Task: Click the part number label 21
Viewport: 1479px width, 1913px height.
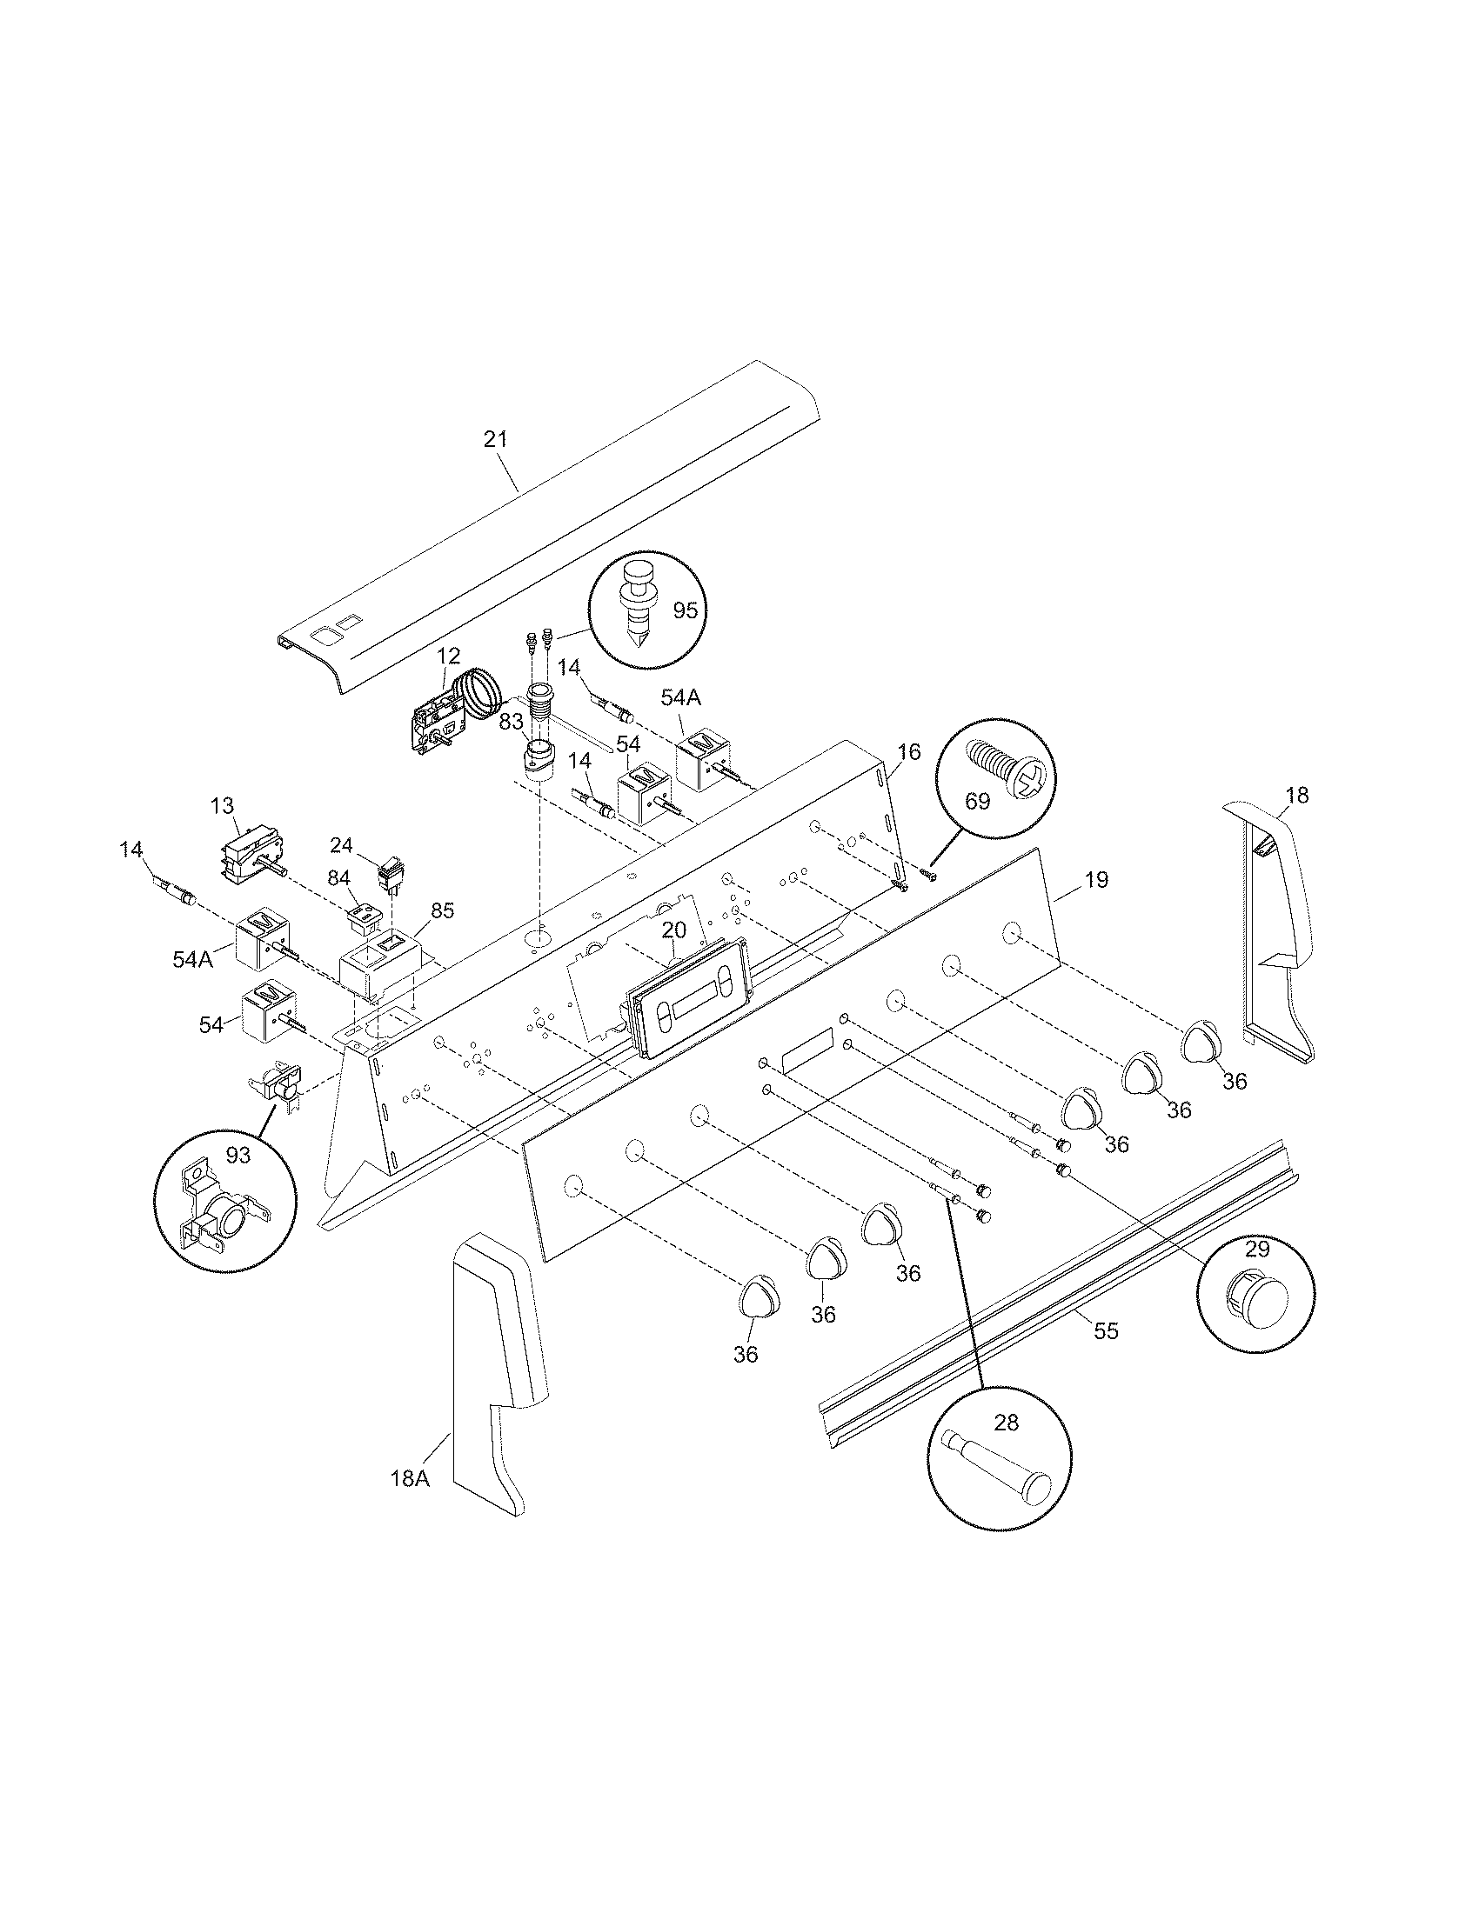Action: [x=496, y=440]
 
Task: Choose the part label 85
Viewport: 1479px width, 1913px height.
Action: [x=443, y=910]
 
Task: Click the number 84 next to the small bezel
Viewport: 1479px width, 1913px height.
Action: [x=338, y=877]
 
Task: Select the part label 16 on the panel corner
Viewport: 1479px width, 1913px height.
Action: [x=909, y=751]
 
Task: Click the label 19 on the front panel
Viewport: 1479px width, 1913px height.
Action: [x=1096, y=879]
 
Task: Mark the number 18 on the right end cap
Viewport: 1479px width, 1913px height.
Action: [x=1297, y=796]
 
